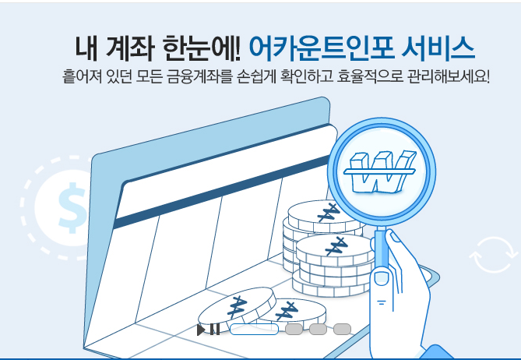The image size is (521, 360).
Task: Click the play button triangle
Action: click(x=201, y=330)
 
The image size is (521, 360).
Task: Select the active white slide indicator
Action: click(x=254, y=329)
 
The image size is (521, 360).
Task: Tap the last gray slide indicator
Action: click(x=343, y=329)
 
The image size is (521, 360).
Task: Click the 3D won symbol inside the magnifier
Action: click(x=380, y=170)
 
